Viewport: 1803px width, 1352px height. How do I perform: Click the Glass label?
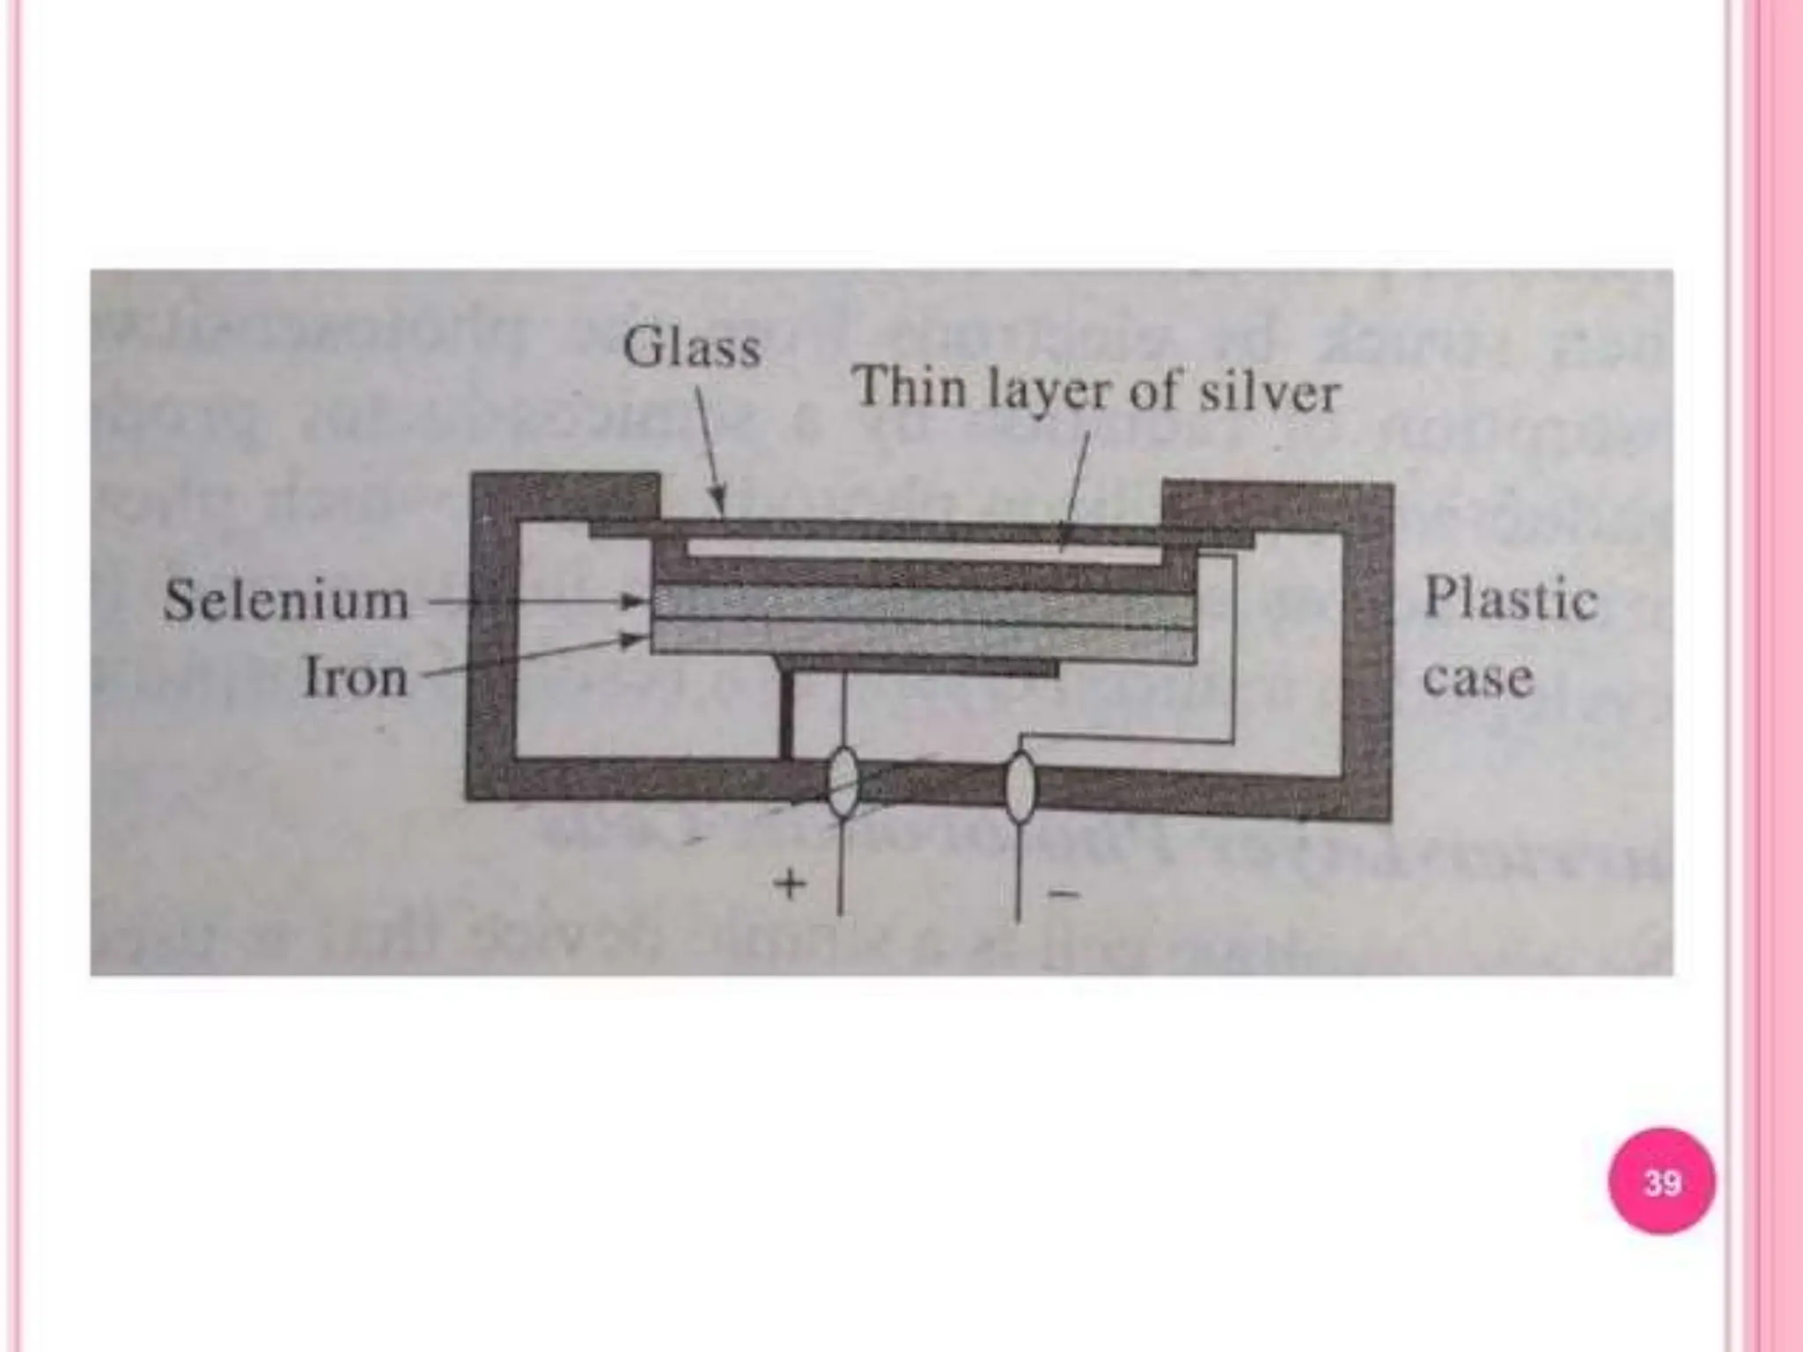pyautogui.click(x=692, y=347)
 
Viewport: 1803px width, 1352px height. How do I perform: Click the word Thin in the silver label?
pyautogui.click(x=910, y=387)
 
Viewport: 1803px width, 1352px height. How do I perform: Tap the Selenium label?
pyautogui.click(x=287, y=602)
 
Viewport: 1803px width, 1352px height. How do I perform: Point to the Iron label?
pyautogui.click(x=356, y=679)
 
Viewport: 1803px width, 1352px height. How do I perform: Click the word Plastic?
pyautogui.click(x=1510, y=599)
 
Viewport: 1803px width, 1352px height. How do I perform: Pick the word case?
pyautogui.click(x=1478, y=679)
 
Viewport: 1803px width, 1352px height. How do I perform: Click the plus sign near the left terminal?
pyautogui.click(x=790, y=885)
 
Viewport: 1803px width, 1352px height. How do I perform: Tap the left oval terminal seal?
pyautogui.click(x=843, y=783)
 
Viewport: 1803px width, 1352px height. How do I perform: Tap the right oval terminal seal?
pyautogui.click(x=1020, y=786)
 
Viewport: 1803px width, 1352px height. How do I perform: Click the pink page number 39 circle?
pyautogui.click(x=1661, y=1181)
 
